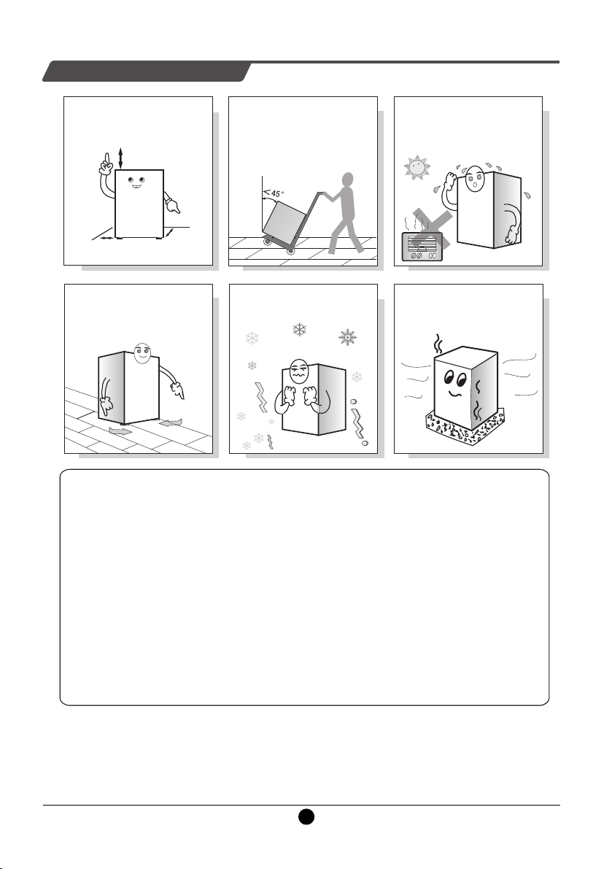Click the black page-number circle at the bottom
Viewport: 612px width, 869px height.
306,816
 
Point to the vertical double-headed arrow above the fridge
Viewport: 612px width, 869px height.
120,158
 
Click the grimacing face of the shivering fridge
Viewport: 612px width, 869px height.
299,372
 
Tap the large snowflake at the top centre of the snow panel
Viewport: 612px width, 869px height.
299,331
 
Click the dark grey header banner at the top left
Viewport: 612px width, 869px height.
147,72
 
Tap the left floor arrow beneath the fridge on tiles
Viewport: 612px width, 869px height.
120,430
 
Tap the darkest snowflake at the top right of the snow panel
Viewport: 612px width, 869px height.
348,337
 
